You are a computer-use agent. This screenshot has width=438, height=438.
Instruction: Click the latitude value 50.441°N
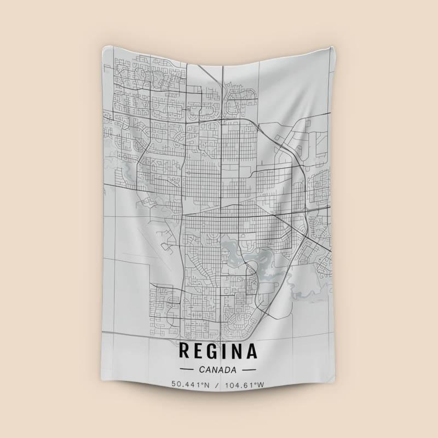(x=191, y=385)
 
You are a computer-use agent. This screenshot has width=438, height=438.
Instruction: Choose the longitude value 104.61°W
(x=243, y=385)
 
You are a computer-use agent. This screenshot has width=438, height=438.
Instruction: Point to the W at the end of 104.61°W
(x=261, y=385)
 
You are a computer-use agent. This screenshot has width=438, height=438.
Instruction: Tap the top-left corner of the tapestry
(x=102, y=48)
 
